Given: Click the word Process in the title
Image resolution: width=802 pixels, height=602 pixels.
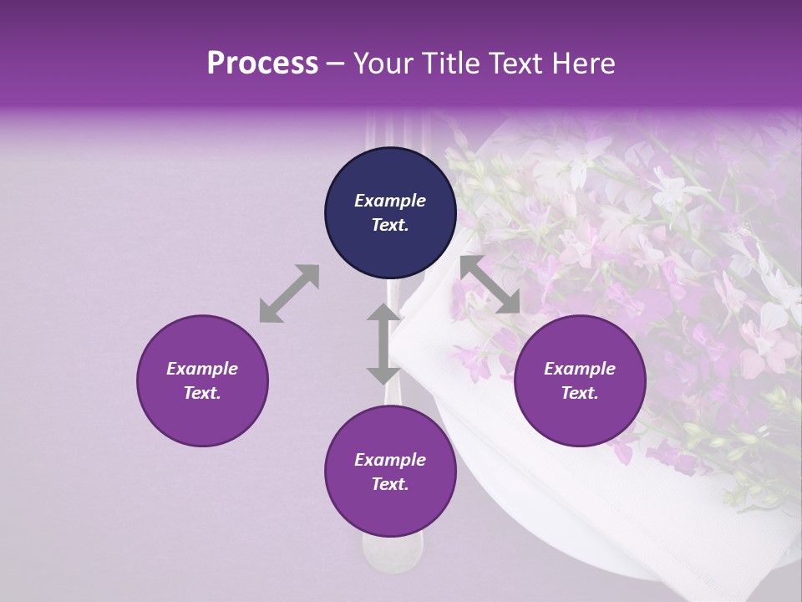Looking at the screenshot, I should pos(262,64).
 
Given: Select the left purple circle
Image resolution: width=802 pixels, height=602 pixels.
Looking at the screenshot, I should pos(202,380).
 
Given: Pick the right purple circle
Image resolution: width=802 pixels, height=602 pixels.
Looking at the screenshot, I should pos(580,380).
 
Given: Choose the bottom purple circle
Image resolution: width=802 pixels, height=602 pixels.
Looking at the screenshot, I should pos(390,472).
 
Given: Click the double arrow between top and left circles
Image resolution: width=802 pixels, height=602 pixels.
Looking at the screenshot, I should pos(289,293).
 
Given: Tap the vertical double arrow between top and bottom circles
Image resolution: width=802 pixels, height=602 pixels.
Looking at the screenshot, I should pos(383,343).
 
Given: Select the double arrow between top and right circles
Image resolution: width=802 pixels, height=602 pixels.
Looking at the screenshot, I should pos(490,284).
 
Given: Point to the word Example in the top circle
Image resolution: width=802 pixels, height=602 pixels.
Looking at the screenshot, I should pos(390,201).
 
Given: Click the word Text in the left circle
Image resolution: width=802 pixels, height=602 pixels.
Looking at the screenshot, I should pos(200,393).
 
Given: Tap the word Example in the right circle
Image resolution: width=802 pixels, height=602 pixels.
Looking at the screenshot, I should pos(580,369).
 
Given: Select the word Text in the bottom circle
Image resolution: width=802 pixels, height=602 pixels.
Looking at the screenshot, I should pos(388,484).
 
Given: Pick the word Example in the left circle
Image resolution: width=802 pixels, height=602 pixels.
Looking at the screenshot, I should pos(202,369).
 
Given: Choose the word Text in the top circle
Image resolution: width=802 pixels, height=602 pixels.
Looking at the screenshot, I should pos(388,225).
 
